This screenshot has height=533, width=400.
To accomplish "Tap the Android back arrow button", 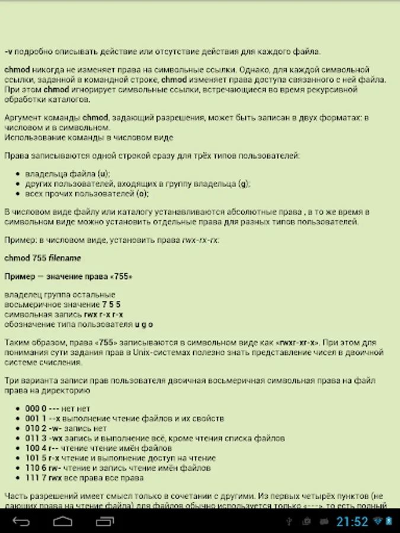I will [21, 522].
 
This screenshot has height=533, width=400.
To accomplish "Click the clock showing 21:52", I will [353, 522].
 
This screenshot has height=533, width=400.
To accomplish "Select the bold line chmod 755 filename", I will [42, 258].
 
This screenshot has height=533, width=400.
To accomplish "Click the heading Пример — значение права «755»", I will [68, 277].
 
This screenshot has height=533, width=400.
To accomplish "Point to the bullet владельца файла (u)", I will [68, 174].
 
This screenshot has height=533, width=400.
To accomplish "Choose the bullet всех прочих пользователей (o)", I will [87, 193].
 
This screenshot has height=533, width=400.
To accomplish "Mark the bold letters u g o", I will [144, 324].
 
